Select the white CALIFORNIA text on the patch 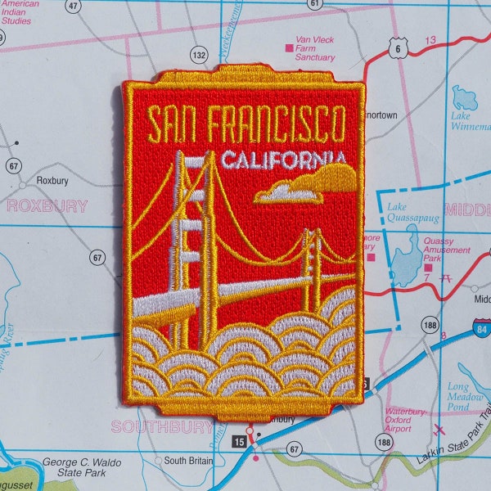[x=282, y=159]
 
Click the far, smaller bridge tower [x=312, y=262]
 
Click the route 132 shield [x=198, y=55]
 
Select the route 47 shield [x=74, y=6]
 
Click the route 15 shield [x=239, y=443]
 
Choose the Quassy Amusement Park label [x=447, y=250]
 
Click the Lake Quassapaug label [x=412, y=213]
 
